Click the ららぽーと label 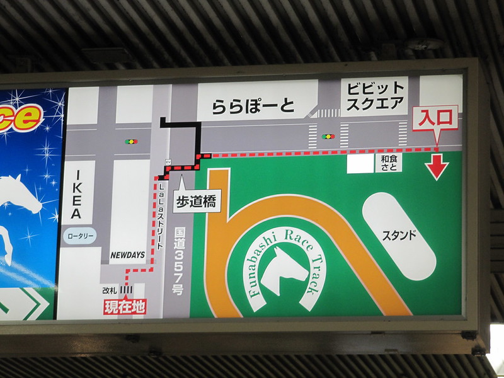(x=254, y=106)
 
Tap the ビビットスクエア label (x=374, y=96)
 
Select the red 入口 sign (x=435, y=118)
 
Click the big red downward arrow (x=436, y=166)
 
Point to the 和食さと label (x=388, y=163)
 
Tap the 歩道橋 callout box (x=197, y=201)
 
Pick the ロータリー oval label (x=79, y=236)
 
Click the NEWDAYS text (x=128, y=255)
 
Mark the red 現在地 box (x=125, y=307)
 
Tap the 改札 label (x=110, y=290)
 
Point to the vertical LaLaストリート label (x=161, y=217)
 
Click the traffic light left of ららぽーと (x=131, y=142)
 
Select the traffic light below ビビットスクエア (x=328, y=136)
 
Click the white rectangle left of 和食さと (x=360, y=164)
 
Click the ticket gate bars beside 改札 (x=126, y=290)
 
